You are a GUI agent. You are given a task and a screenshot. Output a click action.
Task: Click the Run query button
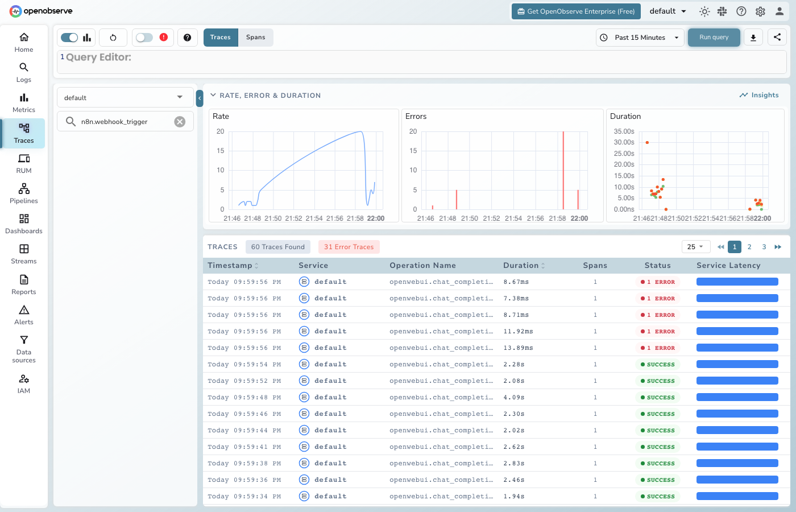714,38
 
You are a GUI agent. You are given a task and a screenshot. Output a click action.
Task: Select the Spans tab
255,38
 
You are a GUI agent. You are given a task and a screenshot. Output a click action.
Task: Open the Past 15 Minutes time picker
640,38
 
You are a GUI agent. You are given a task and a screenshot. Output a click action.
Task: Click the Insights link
759,95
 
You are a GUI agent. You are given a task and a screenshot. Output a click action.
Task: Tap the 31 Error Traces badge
349,247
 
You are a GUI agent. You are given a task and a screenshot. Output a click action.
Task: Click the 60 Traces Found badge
277,247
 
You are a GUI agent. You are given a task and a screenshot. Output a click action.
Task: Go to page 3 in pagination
764,247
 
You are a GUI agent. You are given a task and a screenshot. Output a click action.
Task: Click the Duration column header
521,266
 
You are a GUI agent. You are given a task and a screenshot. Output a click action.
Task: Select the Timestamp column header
230,266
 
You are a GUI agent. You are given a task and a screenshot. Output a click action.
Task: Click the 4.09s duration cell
514,398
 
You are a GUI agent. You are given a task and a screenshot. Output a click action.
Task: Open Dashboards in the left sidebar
24,224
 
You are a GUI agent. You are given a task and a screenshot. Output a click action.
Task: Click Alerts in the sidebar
24,315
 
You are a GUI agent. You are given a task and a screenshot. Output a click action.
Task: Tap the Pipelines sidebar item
24,193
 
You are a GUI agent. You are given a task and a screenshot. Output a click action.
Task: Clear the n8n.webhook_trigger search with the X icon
180,122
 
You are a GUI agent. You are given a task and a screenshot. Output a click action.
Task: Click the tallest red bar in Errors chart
563,171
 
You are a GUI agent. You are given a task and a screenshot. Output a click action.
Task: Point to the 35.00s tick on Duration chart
624,131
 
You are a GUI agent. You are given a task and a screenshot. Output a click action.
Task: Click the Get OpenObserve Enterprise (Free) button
575,11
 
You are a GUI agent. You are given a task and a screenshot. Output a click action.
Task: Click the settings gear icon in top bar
760,11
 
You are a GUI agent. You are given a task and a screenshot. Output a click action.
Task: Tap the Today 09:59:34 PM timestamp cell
244,497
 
